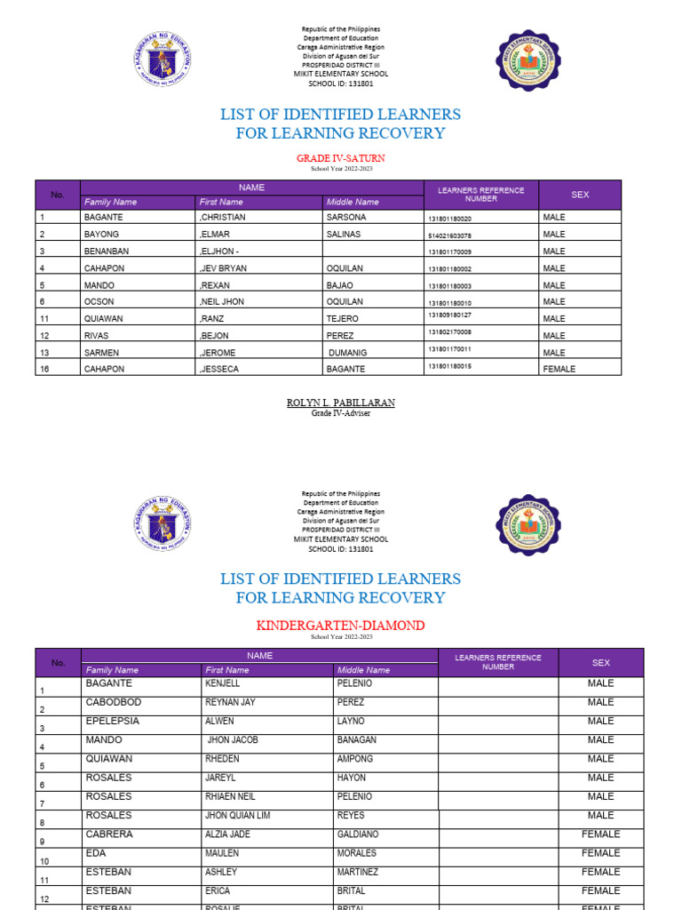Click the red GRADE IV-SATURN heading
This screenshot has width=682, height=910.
(x=340, y=158)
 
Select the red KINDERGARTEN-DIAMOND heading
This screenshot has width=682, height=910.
(x=340, y=626)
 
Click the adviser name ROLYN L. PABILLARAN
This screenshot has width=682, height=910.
(x=340, y=403)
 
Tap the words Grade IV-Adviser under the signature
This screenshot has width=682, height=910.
(x=340, y=413)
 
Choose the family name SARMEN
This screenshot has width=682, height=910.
(x=101, y=352)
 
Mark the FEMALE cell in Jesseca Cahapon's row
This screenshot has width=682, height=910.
(x=559, y=369)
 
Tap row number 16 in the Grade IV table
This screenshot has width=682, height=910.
(x=44, y=369)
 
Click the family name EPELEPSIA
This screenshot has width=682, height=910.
(x=113, y=722)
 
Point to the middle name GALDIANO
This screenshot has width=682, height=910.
(x=362, y=834)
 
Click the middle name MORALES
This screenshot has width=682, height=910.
(x=359, y=853)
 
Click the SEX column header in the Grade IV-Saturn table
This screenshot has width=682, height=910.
(x=580, y=195)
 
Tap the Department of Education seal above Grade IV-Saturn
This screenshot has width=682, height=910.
(x=163, y=60)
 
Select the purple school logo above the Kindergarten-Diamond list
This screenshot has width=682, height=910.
(x=527, y=524)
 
